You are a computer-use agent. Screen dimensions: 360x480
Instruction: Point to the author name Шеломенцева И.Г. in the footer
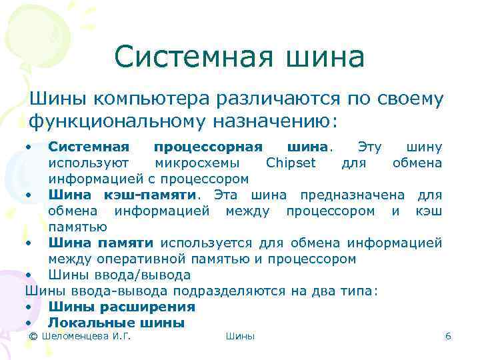(x=85, y=337)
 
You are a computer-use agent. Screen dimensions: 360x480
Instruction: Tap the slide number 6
(x=448, y=337)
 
